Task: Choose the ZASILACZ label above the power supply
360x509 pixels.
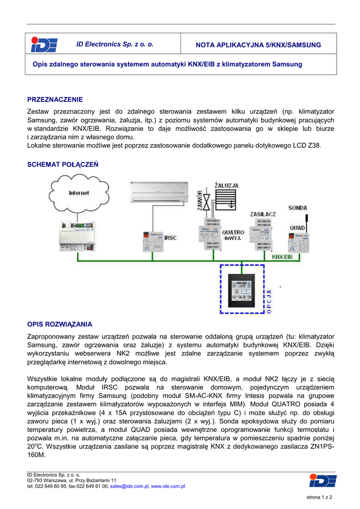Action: click(263, 214)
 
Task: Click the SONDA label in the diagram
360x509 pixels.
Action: click(298, 208)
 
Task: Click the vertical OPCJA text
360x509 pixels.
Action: click(270, 301)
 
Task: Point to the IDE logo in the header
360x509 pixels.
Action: click(44, 45)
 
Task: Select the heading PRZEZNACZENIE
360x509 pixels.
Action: click(55, 99)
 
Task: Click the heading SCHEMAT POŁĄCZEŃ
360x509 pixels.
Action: click(63, 164)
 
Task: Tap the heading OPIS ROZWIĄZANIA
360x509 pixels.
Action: click(60, 325)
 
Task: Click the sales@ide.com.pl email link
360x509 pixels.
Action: click(129, 487)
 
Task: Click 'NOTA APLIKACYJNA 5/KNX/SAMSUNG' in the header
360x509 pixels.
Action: click(259, 45)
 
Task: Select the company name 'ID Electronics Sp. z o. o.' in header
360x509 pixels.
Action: click(115, 45)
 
